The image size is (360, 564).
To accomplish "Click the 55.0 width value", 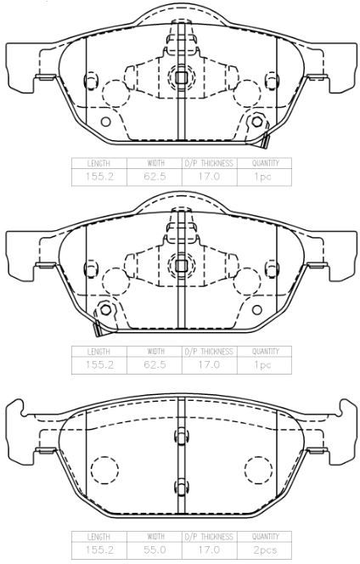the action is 155,550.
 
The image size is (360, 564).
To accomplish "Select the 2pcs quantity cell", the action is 264,550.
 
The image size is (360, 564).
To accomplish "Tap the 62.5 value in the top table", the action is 155,177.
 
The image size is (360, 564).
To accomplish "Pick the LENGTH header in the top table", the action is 98,163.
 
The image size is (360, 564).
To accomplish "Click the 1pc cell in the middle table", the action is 263,364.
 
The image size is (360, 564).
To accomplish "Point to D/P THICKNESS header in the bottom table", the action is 209,537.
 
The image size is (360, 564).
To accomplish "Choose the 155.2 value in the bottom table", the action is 99,550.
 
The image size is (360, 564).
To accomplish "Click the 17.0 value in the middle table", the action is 209,364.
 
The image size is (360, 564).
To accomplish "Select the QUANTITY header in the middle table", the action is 266,351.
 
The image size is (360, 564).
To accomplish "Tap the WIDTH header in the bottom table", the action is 155,537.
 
